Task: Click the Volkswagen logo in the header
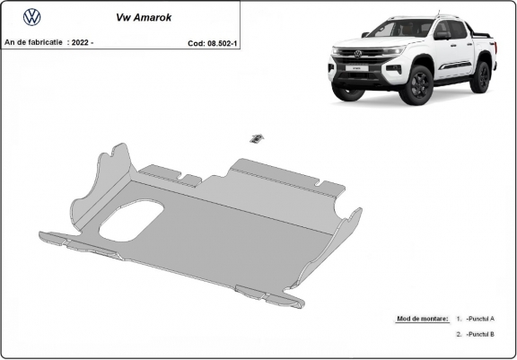click(32, 16)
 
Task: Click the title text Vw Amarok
click(141, 16)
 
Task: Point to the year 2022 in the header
click(82, 41)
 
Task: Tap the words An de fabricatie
click(34, 41)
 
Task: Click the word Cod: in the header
click(197, 41)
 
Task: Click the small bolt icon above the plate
click(257, 137)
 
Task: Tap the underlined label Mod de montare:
click(422, 319)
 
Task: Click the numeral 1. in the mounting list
click(459, 319)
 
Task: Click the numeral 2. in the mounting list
click(459, 334)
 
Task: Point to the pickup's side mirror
click(441, 36)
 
